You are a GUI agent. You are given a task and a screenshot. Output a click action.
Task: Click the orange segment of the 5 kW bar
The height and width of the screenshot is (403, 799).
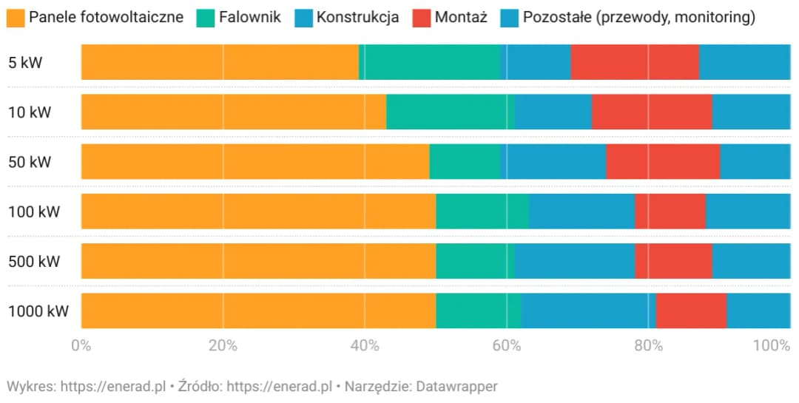click(220, 62)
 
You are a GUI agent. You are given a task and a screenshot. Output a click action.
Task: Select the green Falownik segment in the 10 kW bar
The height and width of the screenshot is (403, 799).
click(451, 112)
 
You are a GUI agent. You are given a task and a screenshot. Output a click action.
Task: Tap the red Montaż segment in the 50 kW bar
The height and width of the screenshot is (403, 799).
click(663, 161)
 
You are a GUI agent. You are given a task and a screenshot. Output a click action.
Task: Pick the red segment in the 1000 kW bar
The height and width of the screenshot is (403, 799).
click(691, 311)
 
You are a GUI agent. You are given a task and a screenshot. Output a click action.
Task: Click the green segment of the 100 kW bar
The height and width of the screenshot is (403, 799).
click(482, 211)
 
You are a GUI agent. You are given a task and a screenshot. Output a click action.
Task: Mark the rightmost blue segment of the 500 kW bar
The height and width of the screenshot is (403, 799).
click(751, 261)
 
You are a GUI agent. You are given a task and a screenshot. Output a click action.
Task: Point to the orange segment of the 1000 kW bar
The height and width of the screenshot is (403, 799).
click(258, 311)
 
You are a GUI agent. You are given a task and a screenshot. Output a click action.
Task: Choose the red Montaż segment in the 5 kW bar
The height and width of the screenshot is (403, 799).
click(635, 62)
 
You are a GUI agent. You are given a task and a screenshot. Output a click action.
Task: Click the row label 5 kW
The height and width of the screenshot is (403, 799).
click(25, 63)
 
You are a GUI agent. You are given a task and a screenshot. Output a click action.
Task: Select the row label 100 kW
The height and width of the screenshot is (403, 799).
click(33, 212)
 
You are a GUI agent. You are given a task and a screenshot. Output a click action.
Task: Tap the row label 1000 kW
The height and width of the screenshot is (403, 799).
click(38, 311)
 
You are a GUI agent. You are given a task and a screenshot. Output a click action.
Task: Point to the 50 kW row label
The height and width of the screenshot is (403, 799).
click(30, 162)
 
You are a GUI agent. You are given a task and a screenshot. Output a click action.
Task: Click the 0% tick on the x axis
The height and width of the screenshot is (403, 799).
click(81, 345)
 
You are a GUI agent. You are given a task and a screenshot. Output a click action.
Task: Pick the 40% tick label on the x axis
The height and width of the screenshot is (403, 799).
click(364, 345)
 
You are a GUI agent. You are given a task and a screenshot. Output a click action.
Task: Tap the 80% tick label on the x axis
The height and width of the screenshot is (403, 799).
click(648, 345)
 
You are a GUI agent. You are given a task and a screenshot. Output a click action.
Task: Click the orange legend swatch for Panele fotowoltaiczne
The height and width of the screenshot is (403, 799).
click(16, 17)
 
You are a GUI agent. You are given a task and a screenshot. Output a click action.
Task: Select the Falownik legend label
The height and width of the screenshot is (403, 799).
click(250, 17)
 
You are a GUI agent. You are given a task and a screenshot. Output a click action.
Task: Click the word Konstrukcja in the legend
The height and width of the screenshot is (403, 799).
click(357, 17)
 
